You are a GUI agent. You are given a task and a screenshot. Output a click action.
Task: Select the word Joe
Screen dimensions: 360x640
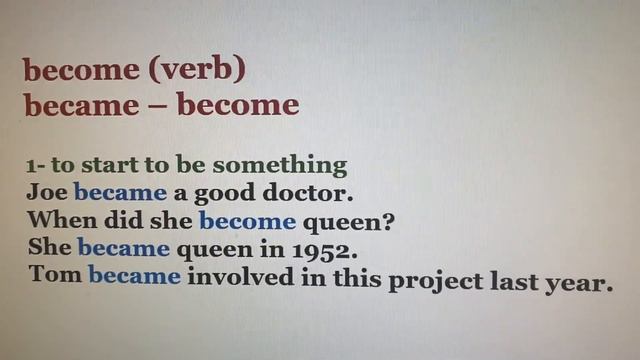tap(47, 191)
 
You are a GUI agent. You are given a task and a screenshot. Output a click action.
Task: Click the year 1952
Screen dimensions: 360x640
tap(322, 246)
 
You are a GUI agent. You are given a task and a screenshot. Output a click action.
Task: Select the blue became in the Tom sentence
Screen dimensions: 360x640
tap(134, 275)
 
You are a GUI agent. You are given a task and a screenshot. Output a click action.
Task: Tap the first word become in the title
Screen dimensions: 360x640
tap(80, 72)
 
